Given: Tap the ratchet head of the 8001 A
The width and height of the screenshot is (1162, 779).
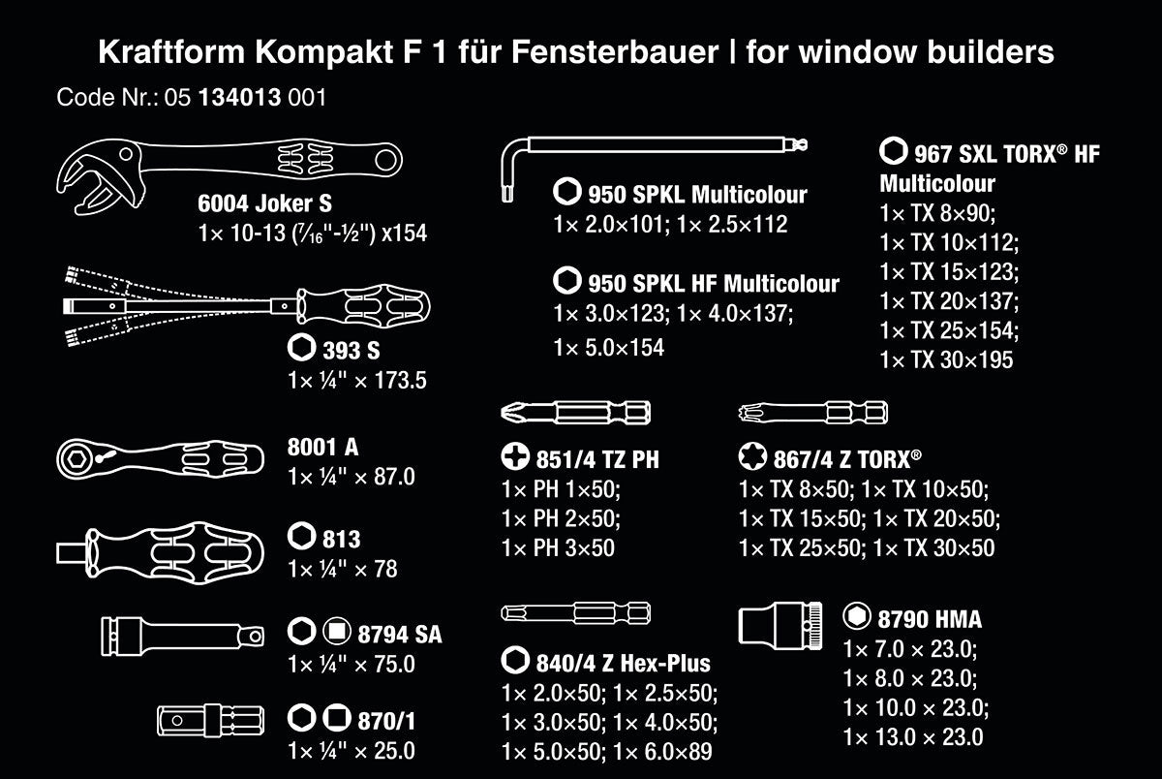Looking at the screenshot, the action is [76, 459].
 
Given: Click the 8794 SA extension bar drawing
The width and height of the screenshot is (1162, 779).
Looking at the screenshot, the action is [182, 637].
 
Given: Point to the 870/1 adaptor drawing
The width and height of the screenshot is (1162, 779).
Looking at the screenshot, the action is [211, 720].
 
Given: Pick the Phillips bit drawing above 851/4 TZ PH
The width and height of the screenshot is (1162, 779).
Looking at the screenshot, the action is [576, 413].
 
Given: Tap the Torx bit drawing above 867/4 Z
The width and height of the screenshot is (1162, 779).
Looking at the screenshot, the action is [813, 413].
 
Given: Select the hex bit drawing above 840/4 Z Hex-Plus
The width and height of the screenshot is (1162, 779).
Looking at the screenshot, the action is [576, 613].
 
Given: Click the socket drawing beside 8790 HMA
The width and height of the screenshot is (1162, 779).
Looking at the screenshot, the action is [780, 626].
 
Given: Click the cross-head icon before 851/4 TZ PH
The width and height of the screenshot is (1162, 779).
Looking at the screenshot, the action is [515, 456].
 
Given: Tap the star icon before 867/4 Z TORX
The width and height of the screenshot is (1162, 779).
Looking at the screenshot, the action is [752, 456].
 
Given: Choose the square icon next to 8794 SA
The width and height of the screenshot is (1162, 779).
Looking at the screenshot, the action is [337, 631].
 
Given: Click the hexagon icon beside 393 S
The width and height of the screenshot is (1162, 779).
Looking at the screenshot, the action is [301, 347].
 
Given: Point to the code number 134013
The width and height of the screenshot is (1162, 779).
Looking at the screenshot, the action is [240, 98].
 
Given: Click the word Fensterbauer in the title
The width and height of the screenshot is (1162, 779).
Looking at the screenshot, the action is [615, 52].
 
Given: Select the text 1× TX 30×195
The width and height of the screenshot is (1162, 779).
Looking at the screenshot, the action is [946, 359].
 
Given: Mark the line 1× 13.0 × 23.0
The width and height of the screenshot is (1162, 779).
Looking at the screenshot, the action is [913, 737].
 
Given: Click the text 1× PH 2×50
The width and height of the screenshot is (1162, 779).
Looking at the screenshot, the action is [561, 518].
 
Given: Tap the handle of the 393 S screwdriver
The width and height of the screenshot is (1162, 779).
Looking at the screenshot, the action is [363, 306].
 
